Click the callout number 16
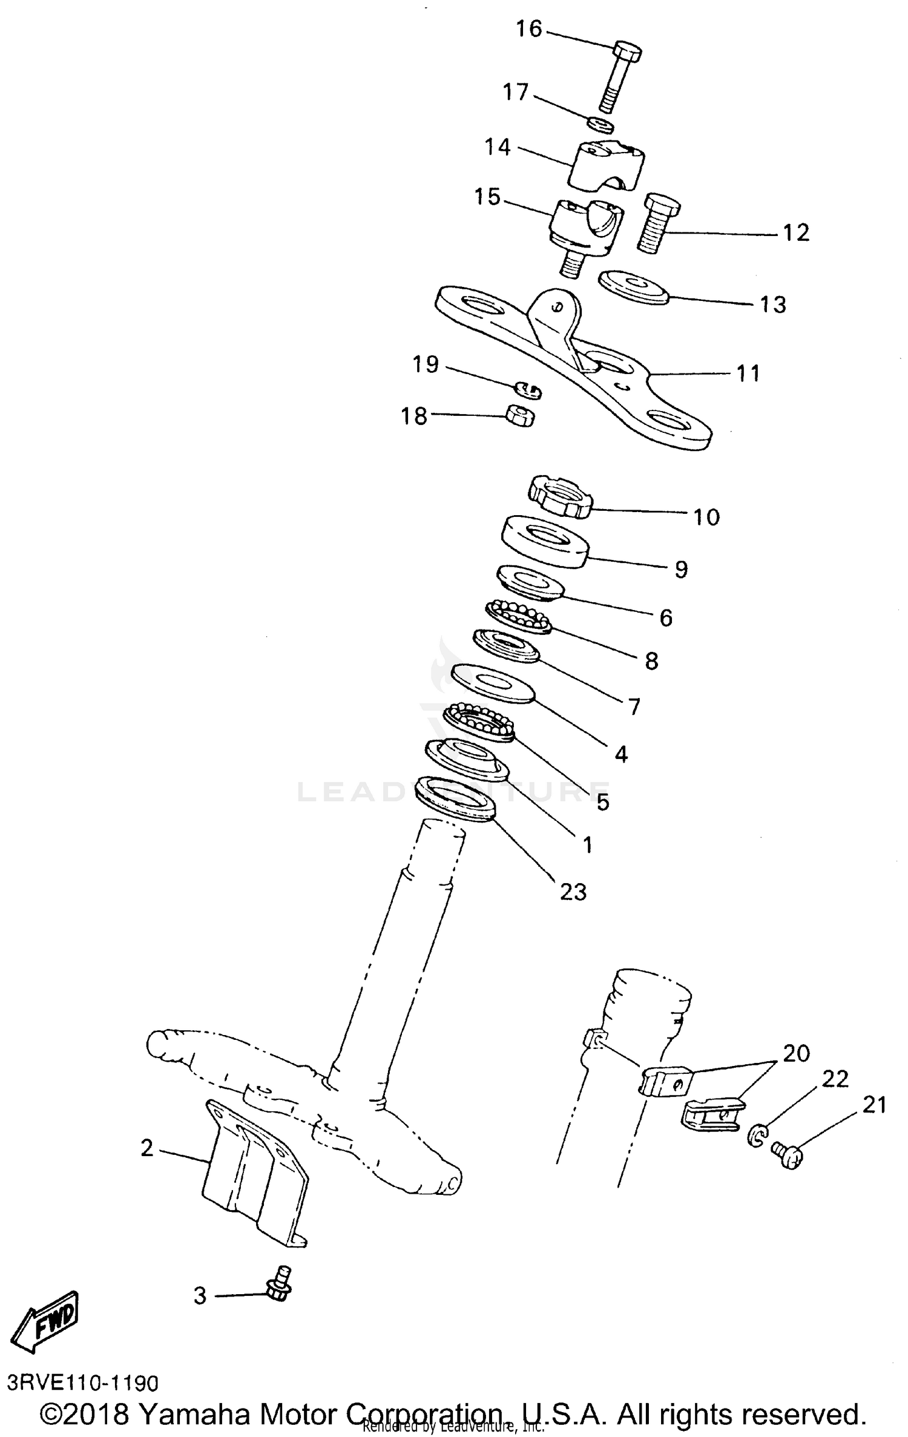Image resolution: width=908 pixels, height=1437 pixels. [528, 28]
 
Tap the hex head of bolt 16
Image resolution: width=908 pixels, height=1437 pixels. [627, 53]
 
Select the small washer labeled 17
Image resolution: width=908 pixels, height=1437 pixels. [601, 125]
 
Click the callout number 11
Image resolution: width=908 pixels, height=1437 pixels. [748, 373]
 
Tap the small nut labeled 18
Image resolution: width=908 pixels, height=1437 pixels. [520, 415]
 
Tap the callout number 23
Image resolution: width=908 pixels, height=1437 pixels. [573, 892]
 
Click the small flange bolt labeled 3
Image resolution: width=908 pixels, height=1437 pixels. [279, 1284]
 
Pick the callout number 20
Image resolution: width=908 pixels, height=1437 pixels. [796, 1054]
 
